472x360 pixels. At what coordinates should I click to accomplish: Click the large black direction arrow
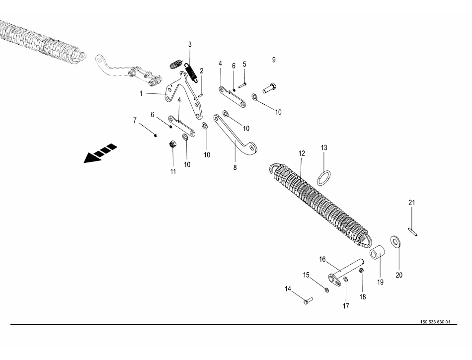tap(100, 153)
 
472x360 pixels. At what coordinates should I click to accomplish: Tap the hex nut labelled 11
tap(173, 145)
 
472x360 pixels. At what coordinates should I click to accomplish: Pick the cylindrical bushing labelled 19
tap(377, 253)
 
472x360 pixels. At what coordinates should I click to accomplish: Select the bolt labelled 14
tap(306, 300)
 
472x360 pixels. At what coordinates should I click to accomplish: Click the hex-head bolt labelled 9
tap(269, 89)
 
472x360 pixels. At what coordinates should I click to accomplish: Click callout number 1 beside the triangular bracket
tap(141, 93)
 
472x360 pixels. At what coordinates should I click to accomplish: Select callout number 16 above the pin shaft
tap(322, 259)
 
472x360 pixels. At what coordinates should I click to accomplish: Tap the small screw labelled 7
tap(156, 134)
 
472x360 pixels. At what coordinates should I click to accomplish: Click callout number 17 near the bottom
tap(346, 306)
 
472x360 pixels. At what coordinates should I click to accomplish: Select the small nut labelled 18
tap(362, 271)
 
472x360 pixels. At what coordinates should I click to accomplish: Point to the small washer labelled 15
tap(326, 289)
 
